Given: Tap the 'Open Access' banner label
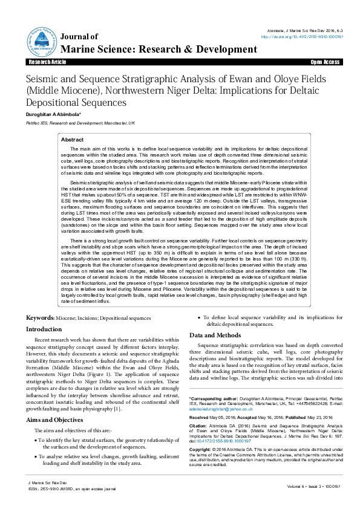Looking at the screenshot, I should coord(325,62).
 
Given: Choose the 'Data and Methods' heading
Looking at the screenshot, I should coord(215,335).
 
